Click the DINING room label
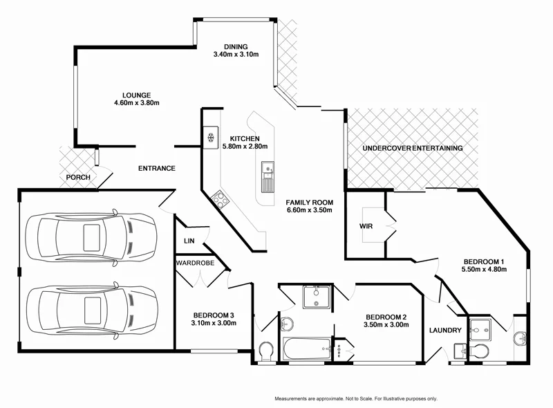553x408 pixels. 235,47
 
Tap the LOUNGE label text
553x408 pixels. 136,95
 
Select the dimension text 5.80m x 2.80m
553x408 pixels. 244,146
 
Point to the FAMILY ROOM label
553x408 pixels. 310,203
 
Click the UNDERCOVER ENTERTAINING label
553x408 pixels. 412,149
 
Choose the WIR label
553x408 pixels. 366,226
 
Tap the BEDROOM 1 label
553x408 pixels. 485,261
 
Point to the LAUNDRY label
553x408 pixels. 445,331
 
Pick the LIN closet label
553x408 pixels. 189,241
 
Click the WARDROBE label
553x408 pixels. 195,263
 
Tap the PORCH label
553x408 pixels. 78,178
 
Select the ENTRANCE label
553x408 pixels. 156,168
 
